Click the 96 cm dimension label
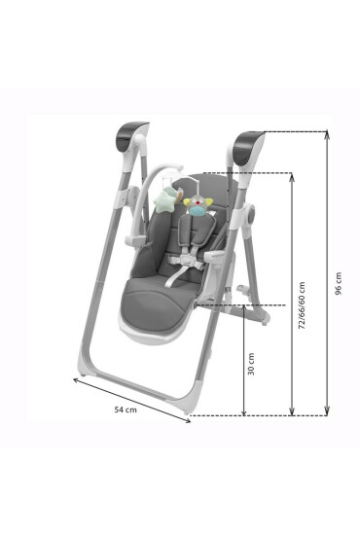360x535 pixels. [339, 283]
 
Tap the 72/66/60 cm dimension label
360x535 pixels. [302, 305]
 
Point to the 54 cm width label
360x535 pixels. [126, 410]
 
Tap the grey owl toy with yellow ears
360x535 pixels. [198, 205]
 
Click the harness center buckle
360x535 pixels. [185, 261]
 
